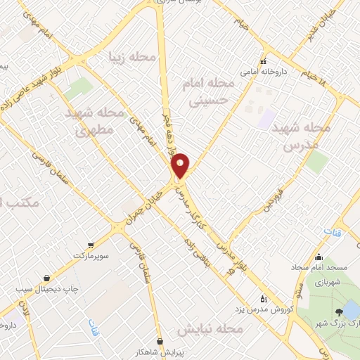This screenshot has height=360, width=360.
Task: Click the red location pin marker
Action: [x=181, y=165]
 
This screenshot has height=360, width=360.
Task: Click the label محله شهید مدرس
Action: [x=307, y=137]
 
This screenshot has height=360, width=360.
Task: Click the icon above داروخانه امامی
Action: [x=262, y=61]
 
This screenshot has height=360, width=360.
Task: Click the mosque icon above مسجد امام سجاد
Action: [x=319, y=257]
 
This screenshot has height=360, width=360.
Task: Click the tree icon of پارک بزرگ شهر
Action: [x=339, y=311]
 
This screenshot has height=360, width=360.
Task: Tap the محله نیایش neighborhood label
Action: [x=209, y=329]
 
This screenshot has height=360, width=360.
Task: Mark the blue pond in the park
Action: [x=352, y=309]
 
